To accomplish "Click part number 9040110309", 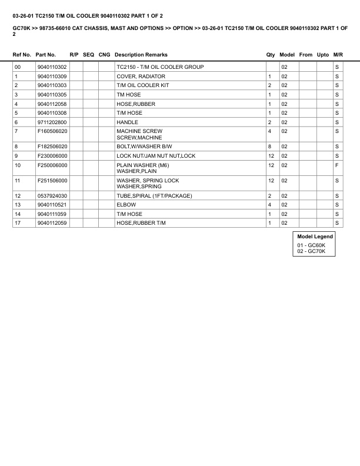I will [52, 76].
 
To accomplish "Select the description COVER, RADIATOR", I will [141, 76].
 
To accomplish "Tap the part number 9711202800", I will [52, 122].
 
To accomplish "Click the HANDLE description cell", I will [127, 122].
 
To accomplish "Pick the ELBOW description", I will [125, 205].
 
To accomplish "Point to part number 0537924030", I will [52, 195].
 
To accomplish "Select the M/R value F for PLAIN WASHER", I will [336, 165].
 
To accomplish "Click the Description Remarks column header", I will [141, 55].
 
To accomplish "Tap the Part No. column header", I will [46, 55].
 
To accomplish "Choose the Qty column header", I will [271, 55].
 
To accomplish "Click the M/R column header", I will [338, 55].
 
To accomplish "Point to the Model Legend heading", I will [315, 237].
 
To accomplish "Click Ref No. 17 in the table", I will [18, 223].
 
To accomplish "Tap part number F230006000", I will [52, 155].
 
